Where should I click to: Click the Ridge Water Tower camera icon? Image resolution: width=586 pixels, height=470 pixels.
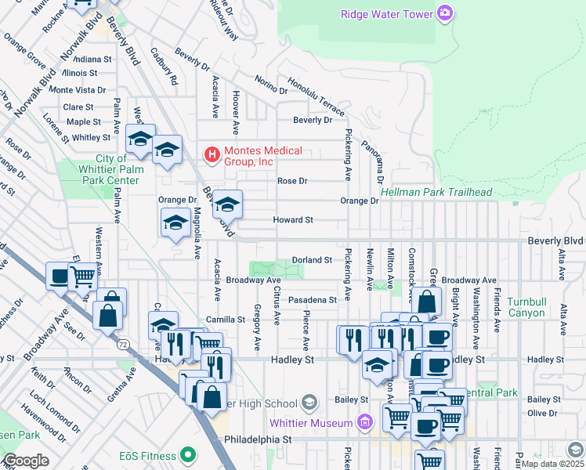[x=446, y=13]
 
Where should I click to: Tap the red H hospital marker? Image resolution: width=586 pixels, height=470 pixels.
[x=211, y=155]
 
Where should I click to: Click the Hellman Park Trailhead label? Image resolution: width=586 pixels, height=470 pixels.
[x=436, y=193]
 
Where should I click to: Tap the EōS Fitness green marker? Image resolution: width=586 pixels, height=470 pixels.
[x=187, y=454]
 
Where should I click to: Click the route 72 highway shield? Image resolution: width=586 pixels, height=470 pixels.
[x=123, y=344]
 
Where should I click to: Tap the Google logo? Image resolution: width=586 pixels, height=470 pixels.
[x=26, y=461]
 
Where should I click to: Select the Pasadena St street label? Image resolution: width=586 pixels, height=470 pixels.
[x=311, y=299]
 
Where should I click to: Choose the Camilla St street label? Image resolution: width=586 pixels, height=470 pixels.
[x=226, y=320]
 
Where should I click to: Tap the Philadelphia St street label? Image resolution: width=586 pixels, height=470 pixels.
[x=257, y=440]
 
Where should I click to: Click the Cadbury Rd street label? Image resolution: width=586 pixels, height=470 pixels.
[x=166, y=70]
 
